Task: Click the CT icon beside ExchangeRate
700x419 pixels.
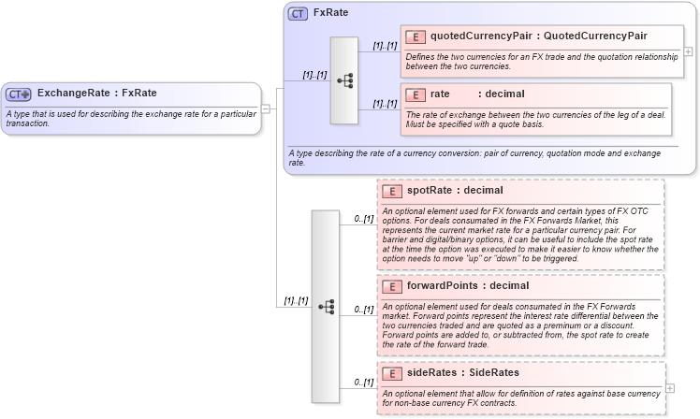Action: coord(19,94)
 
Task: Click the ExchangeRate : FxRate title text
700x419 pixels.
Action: coord(96,94)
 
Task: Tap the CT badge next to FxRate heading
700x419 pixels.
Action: coord(298,13)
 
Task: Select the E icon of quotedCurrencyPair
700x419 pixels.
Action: coord(416,36)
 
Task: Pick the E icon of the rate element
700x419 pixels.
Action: coord(416,94)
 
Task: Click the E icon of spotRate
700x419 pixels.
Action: coord(393,191)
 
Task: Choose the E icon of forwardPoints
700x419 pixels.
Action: coord(393,285)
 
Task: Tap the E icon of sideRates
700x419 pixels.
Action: coord(393,373)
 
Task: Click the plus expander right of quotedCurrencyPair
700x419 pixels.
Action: coord(689,51)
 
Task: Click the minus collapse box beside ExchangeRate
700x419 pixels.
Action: coord(266,108)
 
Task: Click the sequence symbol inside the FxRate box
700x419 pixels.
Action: coord(344,80)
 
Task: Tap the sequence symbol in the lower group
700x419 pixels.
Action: coord(326,306)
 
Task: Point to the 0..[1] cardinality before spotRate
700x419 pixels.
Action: coord(364,219)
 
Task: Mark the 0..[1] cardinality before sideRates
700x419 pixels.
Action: coord(364,382)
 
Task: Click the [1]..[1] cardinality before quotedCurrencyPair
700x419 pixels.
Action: coord(385,45)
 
